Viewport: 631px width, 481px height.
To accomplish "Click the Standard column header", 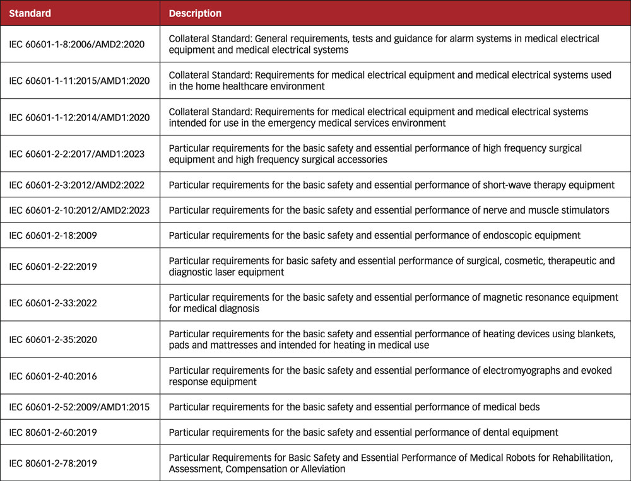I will (x=30, y=13).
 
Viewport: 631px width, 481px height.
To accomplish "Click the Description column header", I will (x=195, y=13).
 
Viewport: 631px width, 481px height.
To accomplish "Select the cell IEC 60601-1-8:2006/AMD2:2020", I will (x=80, y=44).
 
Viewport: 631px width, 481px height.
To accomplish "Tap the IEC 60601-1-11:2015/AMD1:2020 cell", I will (x=80, y=81).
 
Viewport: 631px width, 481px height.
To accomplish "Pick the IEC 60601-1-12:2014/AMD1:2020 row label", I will (x=80, y=117).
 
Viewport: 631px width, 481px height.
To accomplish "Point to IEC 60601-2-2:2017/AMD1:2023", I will (x=80, y=154).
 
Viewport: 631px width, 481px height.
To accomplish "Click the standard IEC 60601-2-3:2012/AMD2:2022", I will (x=77, y=185).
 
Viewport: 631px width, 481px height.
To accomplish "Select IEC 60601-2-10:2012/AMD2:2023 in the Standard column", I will (x=80, y=210).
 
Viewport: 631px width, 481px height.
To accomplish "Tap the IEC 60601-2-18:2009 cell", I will (x=52, y=235).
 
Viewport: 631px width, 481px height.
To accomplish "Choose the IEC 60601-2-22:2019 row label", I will (x=52, y=266).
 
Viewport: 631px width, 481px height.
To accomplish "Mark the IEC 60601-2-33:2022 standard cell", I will (x=52, y=303).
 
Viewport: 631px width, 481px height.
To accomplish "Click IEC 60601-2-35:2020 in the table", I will (x=52, y=339).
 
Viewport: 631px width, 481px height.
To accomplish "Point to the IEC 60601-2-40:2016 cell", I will (x=52, y=376).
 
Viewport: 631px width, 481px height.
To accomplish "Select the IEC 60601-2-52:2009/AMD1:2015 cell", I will (x=80, y=407).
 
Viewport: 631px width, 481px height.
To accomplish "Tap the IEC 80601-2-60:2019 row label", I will (x=52, y=432).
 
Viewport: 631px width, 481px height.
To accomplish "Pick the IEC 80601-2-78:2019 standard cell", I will (x=52, y=463).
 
